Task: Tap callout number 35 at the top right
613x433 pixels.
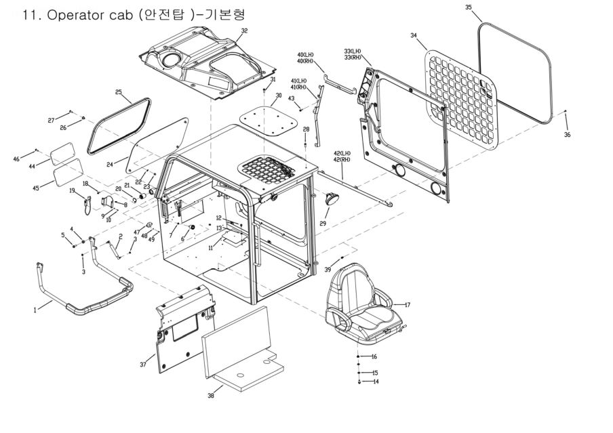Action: pyautogui.click(x=468, y=7)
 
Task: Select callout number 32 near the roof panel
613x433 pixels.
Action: pyautogui.click(x=244, y=30)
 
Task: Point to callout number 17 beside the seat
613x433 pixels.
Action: pyautogui.click(x=407, y=305)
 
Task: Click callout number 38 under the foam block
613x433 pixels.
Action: pyautogui.click(x=210, y=396)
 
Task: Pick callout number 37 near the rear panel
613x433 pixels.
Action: pyautogui.click(x=143, y=365)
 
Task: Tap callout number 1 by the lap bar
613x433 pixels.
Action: pyautogui.click(x=35, y=310)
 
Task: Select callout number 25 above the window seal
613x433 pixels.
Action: pyautogui.click(x=118, y=92)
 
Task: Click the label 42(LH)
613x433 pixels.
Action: pyautogui.click(x=342, y=154)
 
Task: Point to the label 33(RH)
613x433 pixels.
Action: pyautogui.click(x=353, y=58)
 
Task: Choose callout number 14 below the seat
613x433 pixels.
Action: pyautogui.click(x=376, y=382)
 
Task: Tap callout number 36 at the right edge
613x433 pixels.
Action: pyautogui.click(x=568, y=134)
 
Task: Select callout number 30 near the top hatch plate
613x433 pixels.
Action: pyautogui.click(x=278, y=96)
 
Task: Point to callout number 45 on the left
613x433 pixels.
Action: pyautogui.click(x=35, y=188)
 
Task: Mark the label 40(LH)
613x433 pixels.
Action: pyautogui.click(x=305, y=54)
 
